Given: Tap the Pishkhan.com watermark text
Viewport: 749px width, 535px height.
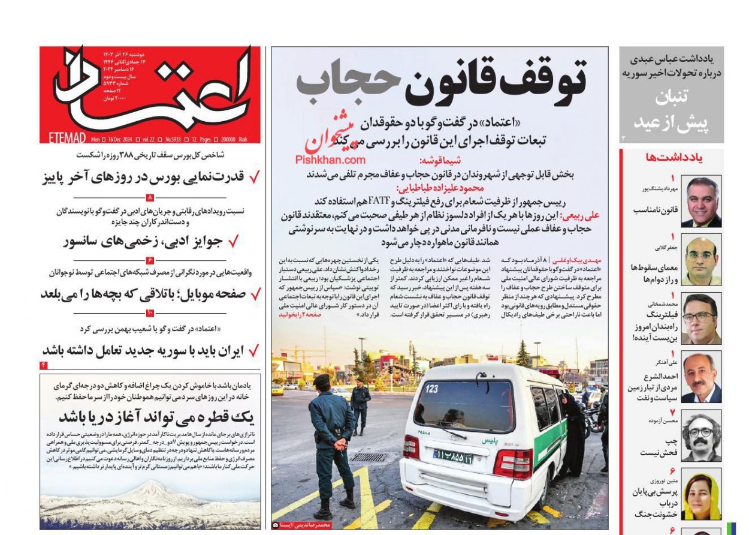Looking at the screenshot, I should [x=330, y=160].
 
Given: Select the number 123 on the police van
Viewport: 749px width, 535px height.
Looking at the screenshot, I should [x=431, y=389].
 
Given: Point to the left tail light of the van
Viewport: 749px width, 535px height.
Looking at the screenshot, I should [x=411, y=447].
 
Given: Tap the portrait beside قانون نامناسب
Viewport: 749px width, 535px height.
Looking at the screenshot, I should [x=700, y=202].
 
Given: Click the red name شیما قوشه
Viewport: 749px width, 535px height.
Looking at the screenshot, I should [x=442, y=161].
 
